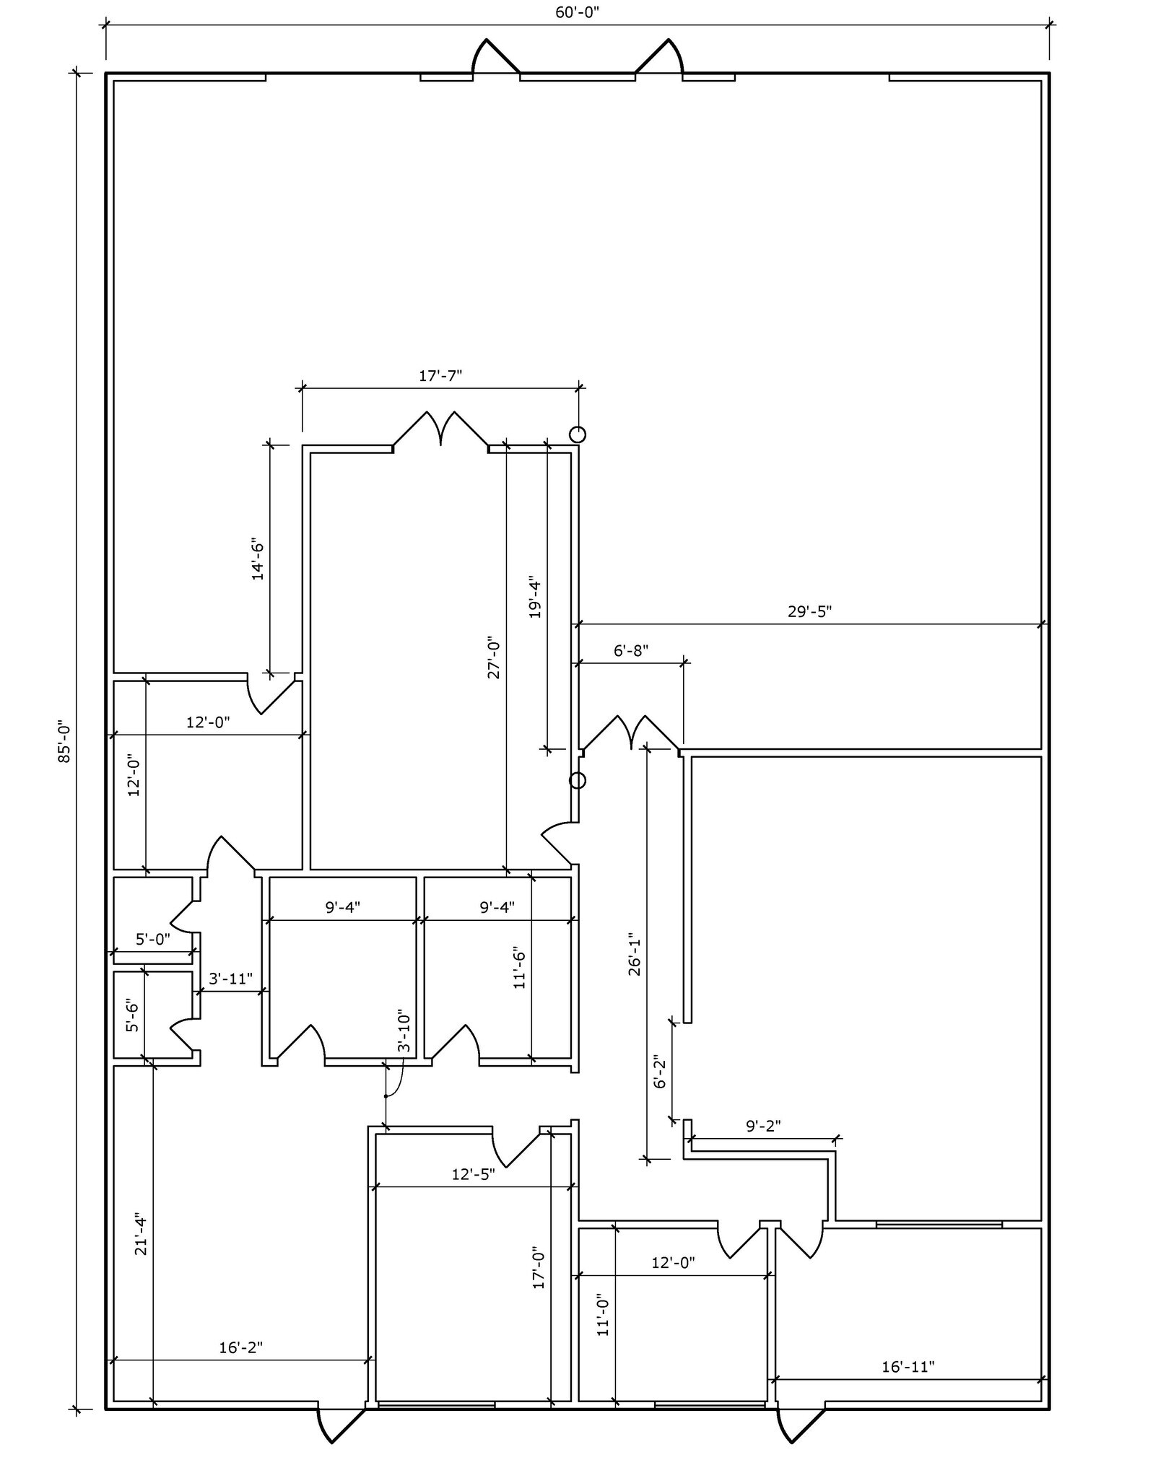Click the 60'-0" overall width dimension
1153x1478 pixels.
click(x=578, y=13)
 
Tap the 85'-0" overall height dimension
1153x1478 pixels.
click(x=65, y=740)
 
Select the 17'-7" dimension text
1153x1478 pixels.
click(x=440, y=375)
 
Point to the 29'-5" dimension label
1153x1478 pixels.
click(x=809, y=611)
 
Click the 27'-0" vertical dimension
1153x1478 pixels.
click(x=494, y=657)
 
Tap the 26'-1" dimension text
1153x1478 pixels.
click(x=635, y=956)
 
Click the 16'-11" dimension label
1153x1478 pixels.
click(x=908, y=1366)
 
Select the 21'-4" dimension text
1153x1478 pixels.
click(x=141, y=1236)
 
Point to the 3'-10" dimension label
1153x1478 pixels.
click(x=404, y=1031)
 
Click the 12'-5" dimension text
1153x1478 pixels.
click(x=473, y=1174)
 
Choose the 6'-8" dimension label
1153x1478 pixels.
click(x=631, y=650)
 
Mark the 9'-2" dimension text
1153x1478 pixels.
click(x=763, y=1125)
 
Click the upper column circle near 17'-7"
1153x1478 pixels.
click(x=578, y=434)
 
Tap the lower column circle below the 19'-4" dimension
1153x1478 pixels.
click(x=578, y=780)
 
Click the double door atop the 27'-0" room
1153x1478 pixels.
click(x=440, y=430)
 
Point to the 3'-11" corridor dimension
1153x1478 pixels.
click(x=230, y=979)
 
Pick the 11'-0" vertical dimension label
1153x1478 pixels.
click(x=604, y=1314)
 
